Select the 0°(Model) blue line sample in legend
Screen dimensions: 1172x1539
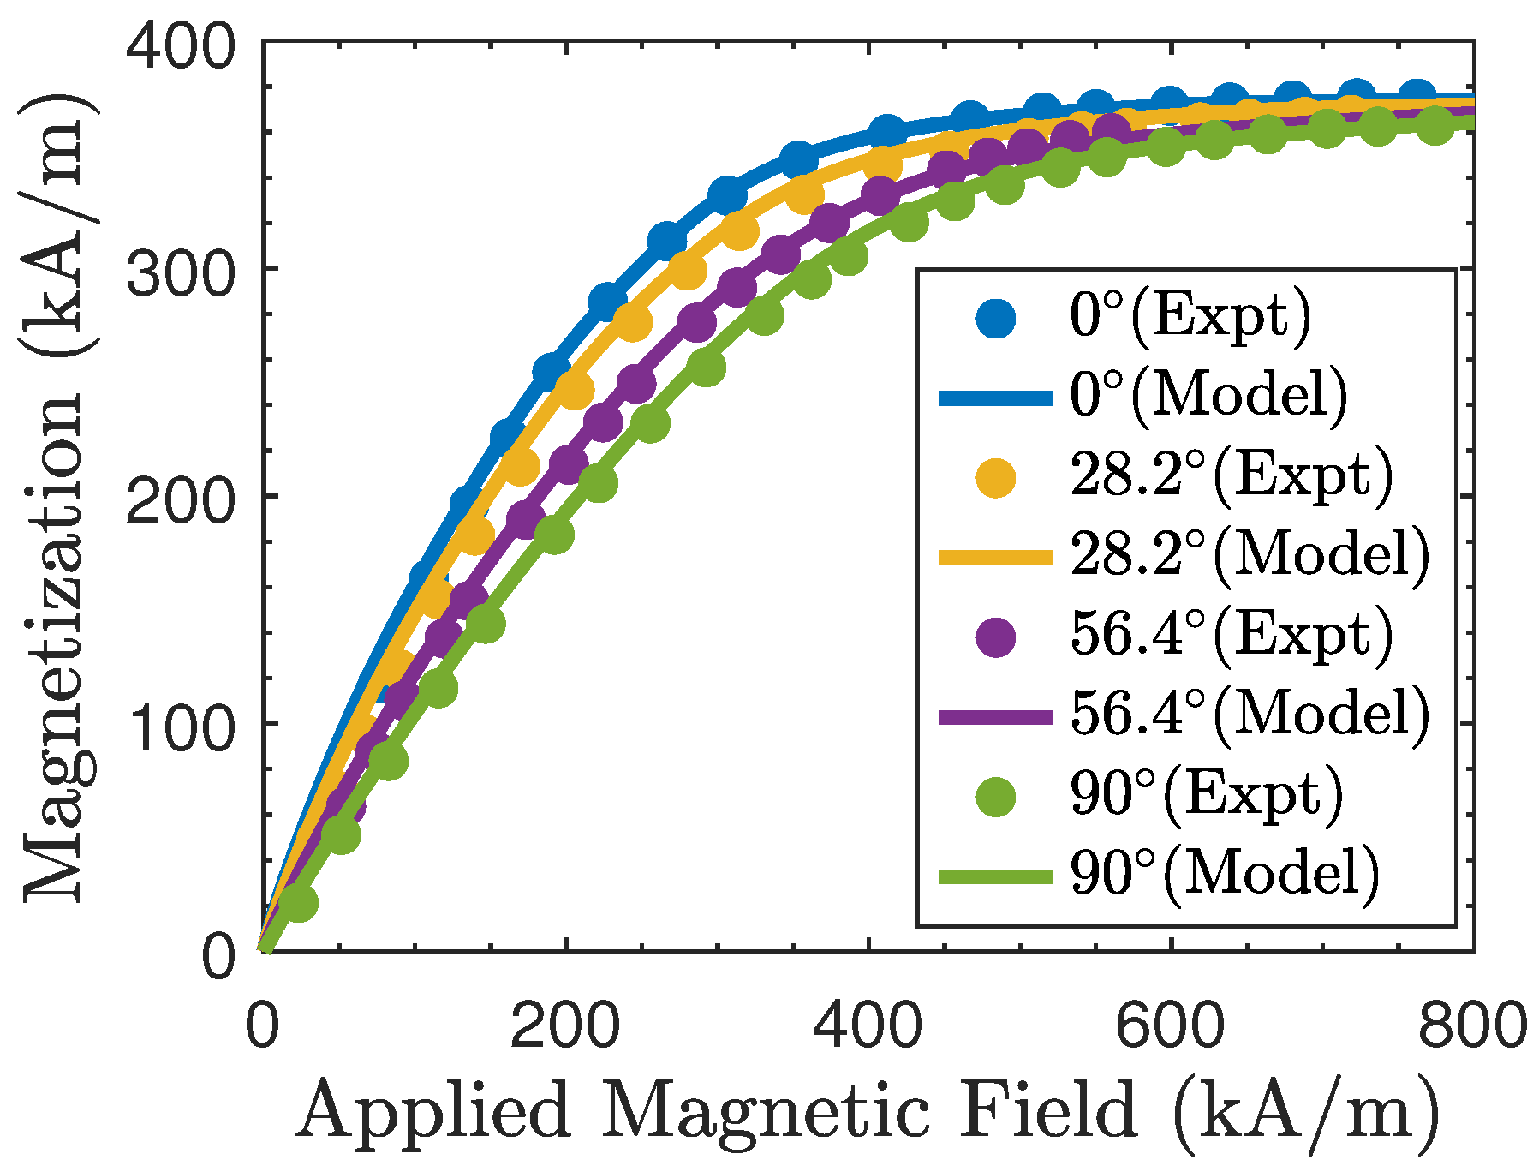995,398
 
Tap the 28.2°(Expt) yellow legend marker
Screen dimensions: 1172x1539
995,477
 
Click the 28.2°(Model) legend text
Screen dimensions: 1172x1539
1250,556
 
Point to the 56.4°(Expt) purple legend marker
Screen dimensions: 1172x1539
995,637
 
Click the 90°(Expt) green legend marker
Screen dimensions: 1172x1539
995,796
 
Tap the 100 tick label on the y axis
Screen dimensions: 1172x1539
180,728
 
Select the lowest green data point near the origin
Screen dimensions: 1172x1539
297,902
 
